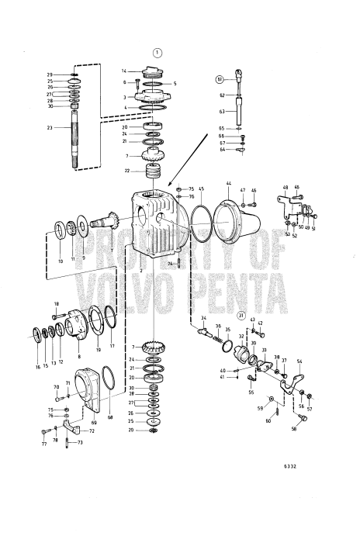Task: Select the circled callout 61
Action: click(x=220, y=79)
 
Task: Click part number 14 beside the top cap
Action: click(x=123, y=71)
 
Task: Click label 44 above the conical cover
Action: click(x=229, y=184)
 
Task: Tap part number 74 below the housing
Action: click(x=169, y=264)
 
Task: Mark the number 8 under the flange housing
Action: click(x=79, y=356)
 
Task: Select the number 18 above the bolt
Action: click(x=56, y=303)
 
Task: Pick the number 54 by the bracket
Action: click(x=299, y=361)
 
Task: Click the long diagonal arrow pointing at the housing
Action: click(x=187, y=157)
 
